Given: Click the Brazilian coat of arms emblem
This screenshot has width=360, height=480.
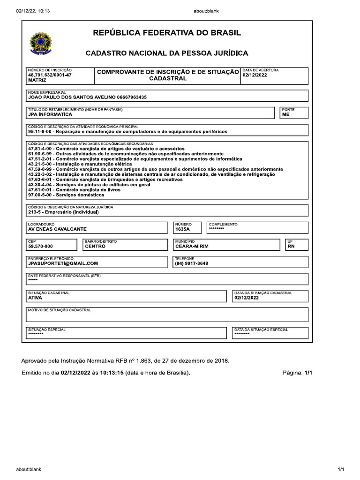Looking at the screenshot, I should coord(42,43).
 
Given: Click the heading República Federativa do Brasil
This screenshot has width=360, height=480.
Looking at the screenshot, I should coord(167,33).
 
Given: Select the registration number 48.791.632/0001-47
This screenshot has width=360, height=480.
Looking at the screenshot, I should coord(50,75).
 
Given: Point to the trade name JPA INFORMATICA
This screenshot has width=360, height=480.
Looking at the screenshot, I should coord(50,114).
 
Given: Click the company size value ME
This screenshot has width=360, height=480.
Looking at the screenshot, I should coord(285,114).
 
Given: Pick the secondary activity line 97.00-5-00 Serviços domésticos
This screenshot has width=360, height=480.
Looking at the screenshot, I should coord(60,194).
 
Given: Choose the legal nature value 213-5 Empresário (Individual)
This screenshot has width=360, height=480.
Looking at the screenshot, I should coord(63,212).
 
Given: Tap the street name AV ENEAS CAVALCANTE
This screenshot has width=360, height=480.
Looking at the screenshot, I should coord(57,229).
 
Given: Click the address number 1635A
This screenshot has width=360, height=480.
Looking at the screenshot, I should coord(182,229).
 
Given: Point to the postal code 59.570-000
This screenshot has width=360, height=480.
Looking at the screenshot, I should coord(40,246).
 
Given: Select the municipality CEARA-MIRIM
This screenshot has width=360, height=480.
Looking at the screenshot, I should coord(192,246).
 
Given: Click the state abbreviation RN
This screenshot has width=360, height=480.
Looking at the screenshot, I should coord(291,246).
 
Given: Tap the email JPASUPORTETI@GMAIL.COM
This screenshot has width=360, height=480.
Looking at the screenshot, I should coord(63,263).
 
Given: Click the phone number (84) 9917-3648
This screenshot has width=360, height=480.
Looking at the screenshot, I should coord(191,263).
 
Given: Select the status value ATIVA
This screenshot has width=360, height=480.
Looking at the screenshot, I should coord(35,298).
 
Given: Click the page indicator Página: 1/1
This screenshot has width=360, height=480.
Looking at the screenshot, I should coord(297,373).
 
